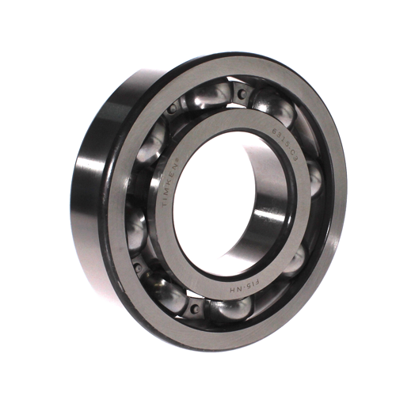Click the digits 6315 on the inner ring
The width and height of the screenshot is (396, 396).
pyautogui.click(x=273, y=124)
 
